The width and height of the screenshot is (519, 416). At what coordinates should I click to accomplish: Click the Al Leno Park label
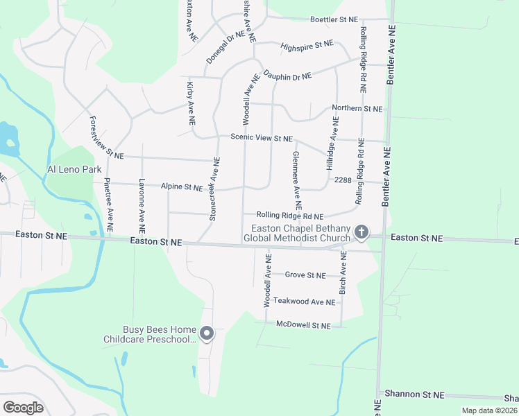pos(74,169)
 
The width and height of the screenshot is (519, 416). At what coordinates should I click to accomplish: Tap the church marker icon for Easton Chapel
pos(361,232)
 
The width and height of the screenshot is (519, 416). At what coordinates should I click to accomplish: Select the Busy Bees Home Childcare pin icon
pos(207,334)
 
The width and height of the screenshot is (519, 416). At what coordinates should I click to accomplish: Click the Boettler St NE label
pos(334,21)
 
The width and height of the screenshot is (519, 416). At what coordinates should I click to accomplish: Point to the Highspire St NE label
pos(307,45)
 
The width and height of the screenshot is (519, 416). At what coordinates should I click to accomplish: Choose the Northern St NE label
pos(357,109)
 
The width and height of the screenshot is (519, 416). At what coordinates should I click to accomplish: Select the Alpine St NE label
pos(182,187)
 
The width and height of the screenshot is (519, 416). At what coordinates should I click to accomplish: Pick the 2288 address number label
pos(343,180)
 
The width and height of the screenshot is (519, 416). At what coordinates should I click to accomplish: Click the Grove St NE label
pos(305,275)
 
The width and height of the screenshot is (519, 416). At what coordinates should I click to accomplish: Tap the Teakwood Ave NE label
pos(305,301)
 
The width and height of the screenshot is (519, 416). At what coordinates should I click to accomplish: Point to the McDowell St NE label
pos(301,324)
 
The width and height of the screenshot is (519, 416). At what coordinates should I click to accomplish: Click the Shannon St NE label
pos(416,394)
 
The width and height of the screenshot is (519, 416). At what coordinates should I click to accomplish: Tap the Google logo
pos(24,407)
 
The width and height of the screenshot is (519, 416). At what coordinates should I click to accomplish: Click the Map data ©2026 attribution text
pos(489,410)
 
